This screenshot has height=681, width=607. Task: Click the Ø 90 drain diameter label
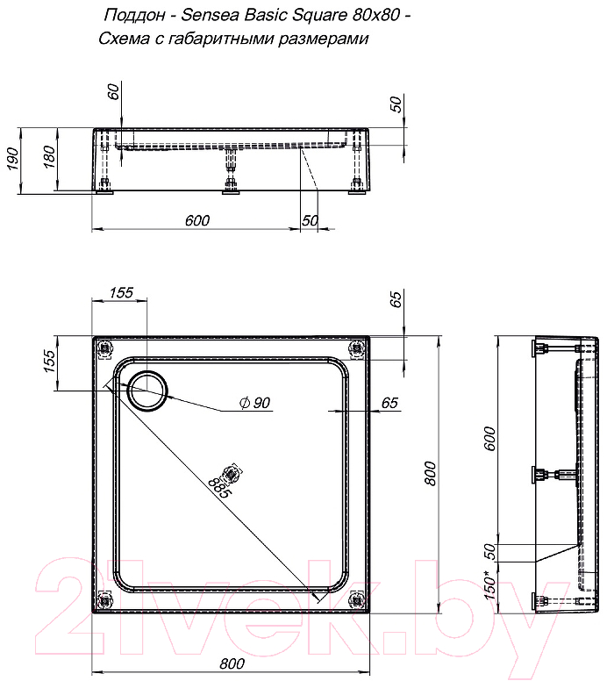click(x=255, y=403)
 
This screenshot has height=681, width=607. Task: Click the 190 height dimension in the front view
click(x=12, y=159)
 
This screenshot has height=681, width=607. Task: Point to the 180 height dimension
click(x=50, y=157)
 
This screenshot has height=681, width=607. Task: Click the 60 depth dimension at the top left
click(x=113, y=91)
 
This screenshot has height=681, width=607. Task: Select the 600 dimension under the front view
click(x=197, y=220)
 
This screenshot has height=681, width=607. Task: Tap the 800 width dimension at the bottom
click(x=232, y=663)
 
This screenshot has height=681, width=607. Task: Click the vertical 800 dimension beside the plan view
click(x=430, y=473)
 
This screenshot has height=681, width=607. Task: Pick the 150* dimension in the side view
click(x=489, y=584)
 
